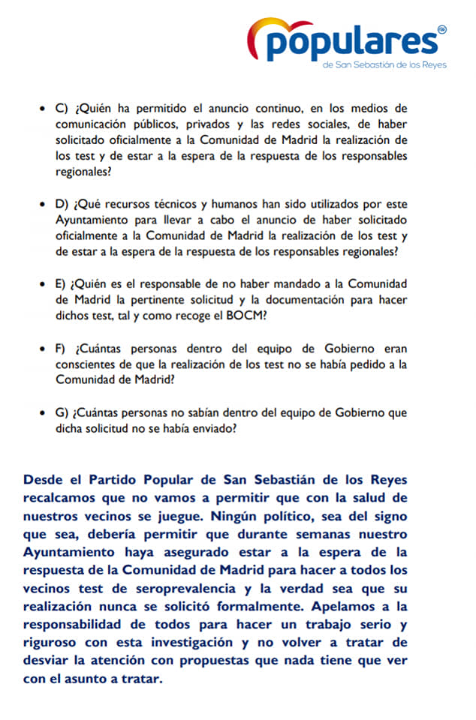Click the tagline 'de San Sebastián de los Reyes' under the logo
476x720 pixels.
pyautogui.click(x=384, y=65)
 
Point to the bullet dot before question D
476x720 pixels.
pyautogui.click(x=41, y=204)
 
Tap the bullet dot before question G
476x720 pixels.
pyautogui.click(x=41, y=413)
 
